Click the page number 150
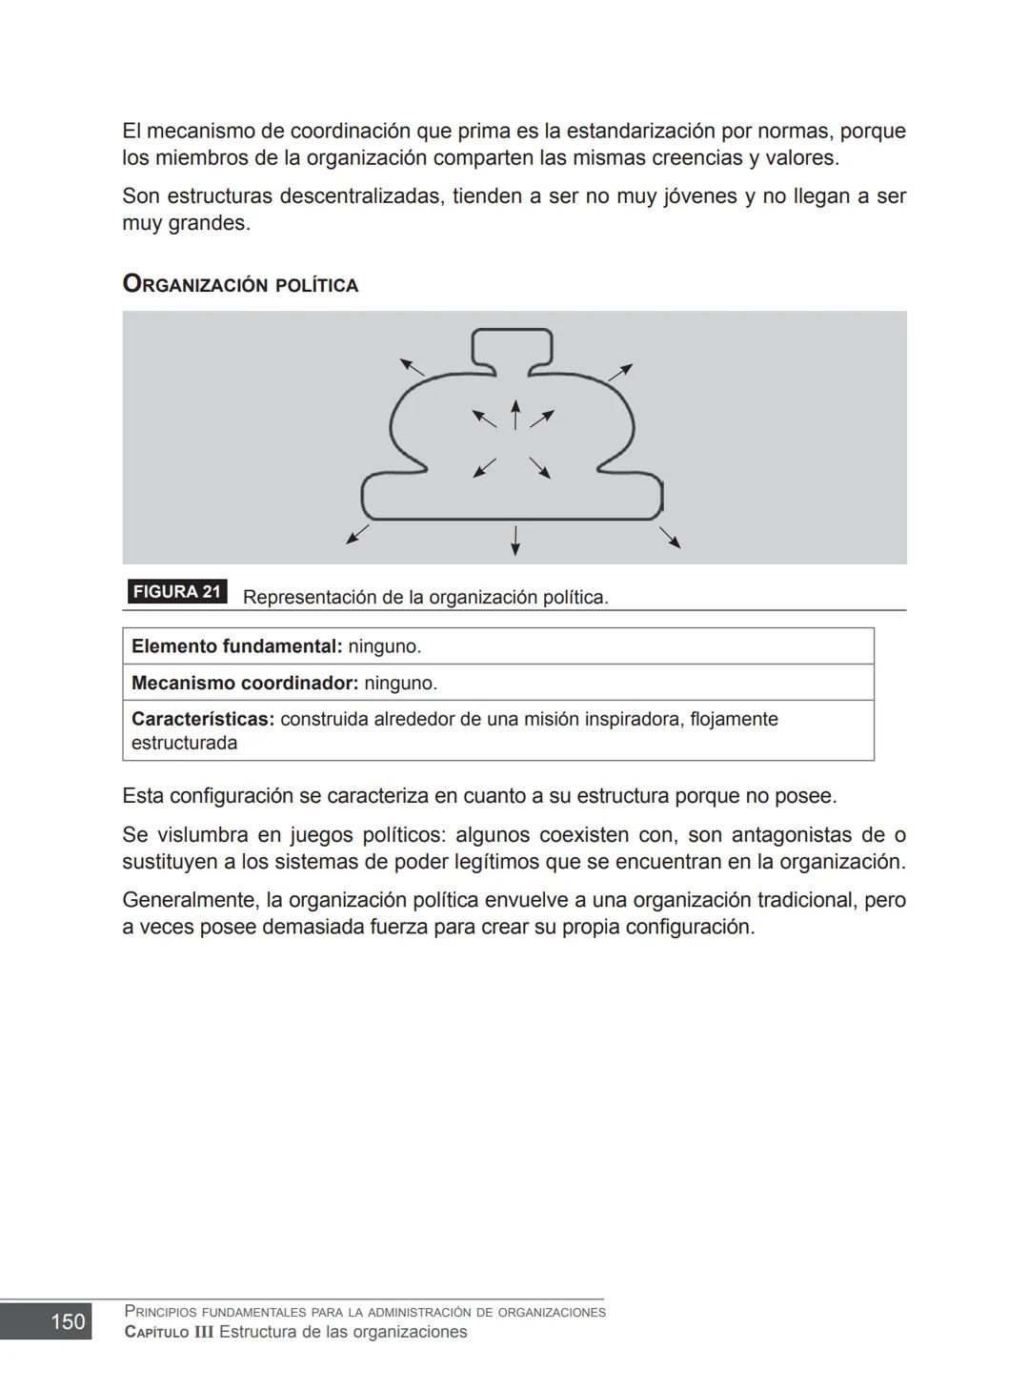(x=67, y=1321)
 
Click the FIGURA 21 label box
(x=176, y=592)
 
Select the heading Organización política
(x=240, y=284)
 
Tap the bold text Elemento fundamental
(x=235, y=646)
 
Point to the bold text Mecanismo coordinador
(x=244, y=684)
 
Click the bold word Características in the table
(x=202, y=720)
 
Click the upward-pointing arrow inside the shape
(x=515, y=414)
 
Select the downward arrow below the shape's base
(x=515, y=540)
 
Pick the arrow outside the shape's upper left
(x=412, y=366)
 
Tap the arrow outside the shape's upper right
(x=620, y=372)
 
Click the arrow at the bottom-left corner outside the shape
(x=357, y=534)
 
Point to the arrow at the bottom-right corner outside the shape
(x=670, y=538)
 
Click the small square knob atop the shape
(x=513, y=346)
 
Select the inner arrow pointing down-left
(x=485, y=467)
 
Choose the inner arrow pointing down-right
(x=540, y=467)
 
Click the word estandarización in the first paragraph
(x=640, y=131)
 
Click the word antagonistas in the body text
(x=770, y=835)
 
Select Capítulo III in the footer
(x=169, y=1332)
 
